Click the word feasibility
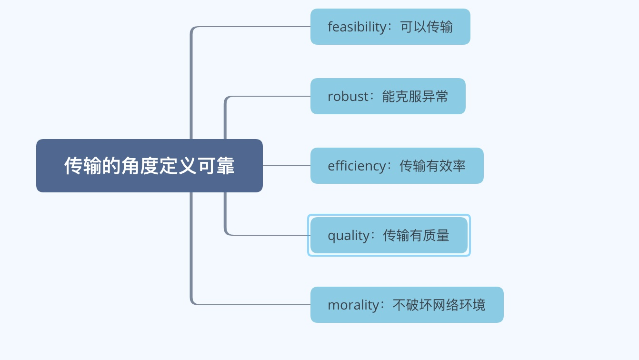[357, 27]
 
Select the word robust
[348, 96]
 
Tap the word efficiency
[357, 166]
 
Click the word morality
[353, 305]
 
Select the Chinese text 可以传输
[426, 27]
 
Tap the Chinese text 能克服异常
[415, 96]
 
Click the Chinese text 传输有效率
[432, 166]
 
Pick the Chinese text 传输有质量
[416, 235]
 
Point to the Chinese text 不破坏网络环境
[439, 305]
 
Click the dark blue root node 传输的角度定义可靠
[150, 166]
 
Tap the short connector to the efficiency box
[286, 166]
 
